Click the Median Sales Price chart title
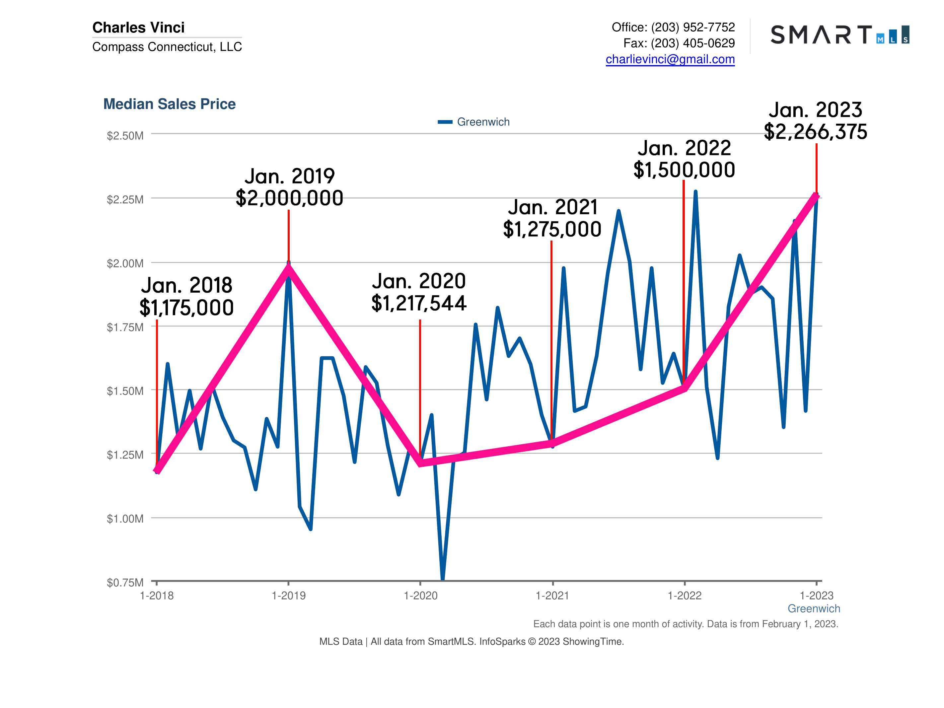170,104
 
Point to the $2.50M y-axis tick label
125,136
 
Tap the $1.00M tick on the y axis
125,519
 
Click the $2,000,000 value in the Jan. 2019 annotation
289,198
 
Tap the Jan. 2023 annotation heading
816,110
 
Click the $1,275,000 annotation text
552,230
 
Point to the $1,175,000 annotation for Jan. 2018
186,308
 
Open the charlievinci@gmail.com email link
670,59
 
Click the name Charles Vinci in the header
138,28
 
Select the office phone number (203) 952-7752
692,27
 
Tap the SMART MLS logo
839,35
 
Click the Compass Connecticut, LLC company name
167,46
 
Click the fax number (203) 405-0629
692,43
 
